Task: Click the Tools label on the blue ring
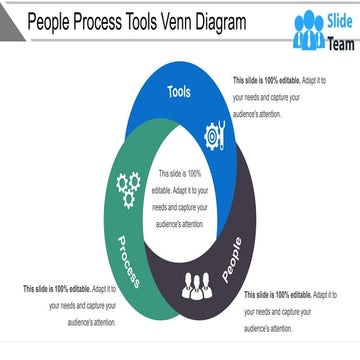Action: point(179,93)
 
